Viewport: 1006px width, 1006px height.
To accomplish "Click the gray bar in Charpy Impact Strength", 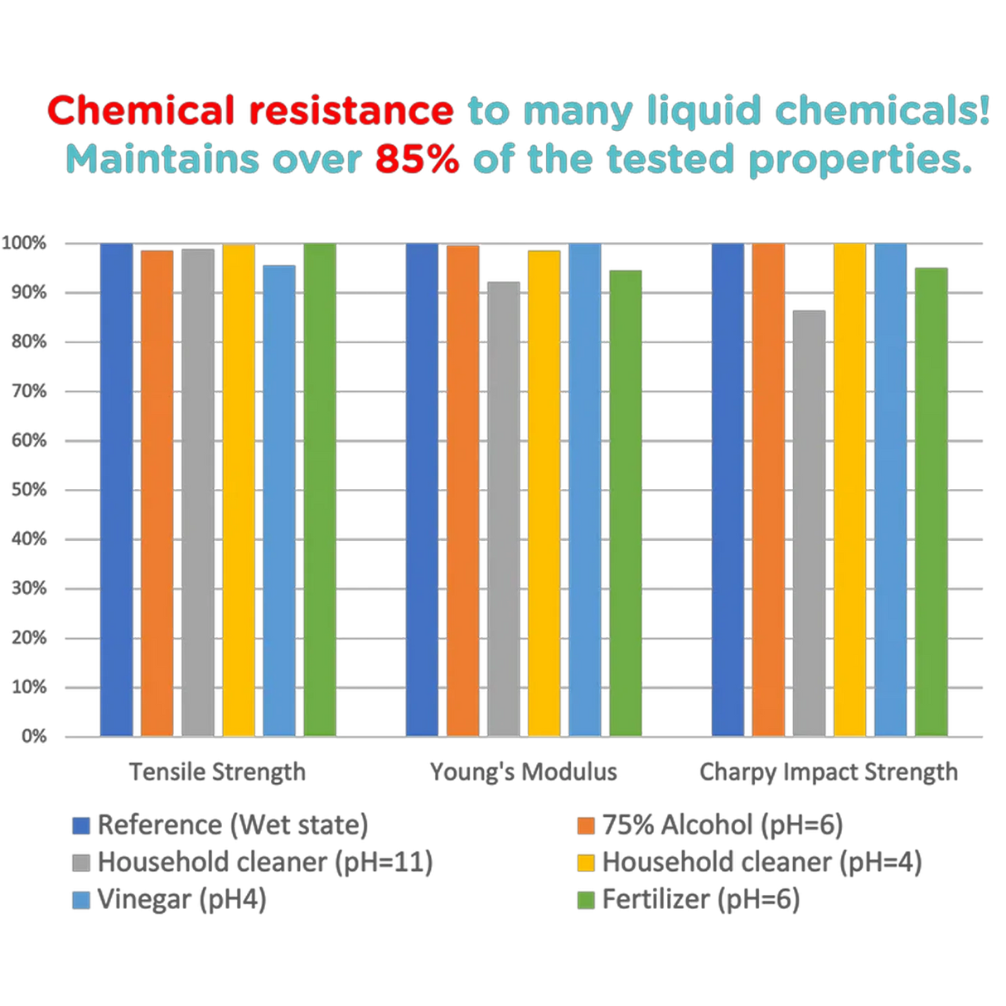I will pyautogui.click(x=809, y=523).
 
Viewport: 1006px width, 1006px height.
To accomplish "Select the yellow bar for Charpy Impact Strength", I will pyautogui.click(x=849, y=489).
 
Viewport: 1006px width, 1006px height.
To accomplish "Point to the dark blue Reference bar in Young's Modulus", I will pyautogui.click(x=422, y=489).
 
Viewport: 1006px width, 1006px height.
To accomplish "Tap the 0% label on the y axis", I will pyautogui.click(x=32, y=736).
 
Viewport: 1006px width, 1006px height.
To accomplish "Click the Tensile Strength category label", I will pyautogui.click(x=218, y=772).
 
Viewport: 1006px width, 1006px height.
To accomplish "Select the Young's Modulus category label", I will pyautogui.click(x=523, y=772).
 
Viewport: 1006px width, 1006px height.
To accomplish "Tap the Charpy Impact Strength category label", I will pyautogui.click(x=829, y=772).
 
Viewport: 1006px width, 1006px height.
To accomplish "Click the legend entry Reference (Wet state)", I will pyautogui.click(x=232, y=825).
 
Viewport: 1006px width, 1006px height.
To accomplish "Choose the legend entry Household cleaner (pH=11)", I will pyautogui.click(x=265, y=863).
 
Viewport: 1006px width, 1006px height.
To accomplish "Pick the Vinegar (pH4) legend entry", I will pyautogui.click(x=182, y=900).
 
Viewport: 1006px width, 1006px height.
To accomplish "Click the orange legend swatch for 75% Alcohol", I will pyautogui.click(x=587, y=825).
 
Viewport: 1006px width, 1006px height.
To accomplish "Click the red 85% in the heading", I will pyautogui.click(x=417, y=160).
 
